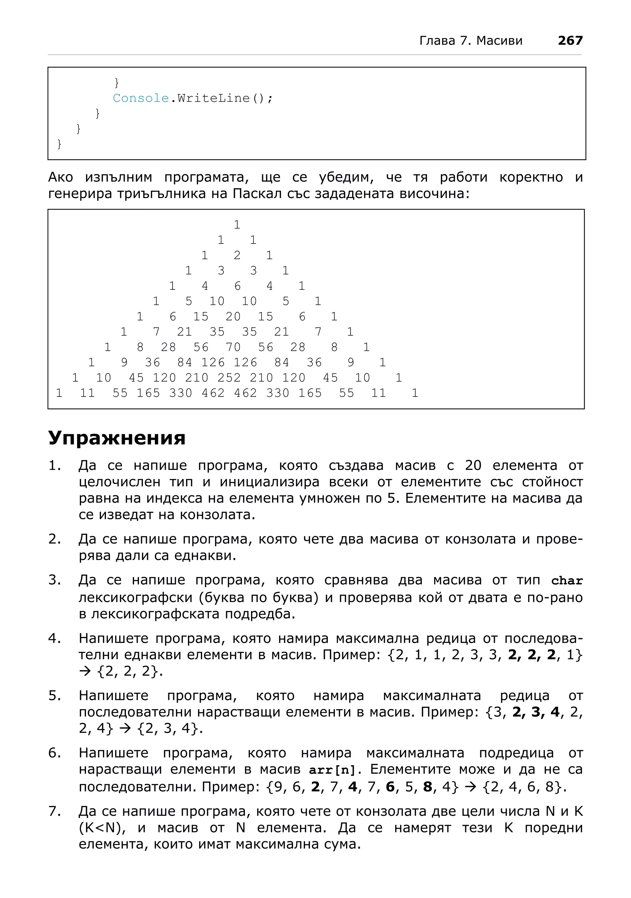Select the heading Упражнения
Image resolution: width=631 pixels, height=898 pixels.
(116, 438)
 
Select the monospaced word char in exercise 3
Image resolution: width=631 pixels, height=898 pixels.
(567, 581)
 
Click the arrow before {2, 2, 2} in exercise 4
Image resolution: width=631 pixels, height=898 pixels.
(84, 671)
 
